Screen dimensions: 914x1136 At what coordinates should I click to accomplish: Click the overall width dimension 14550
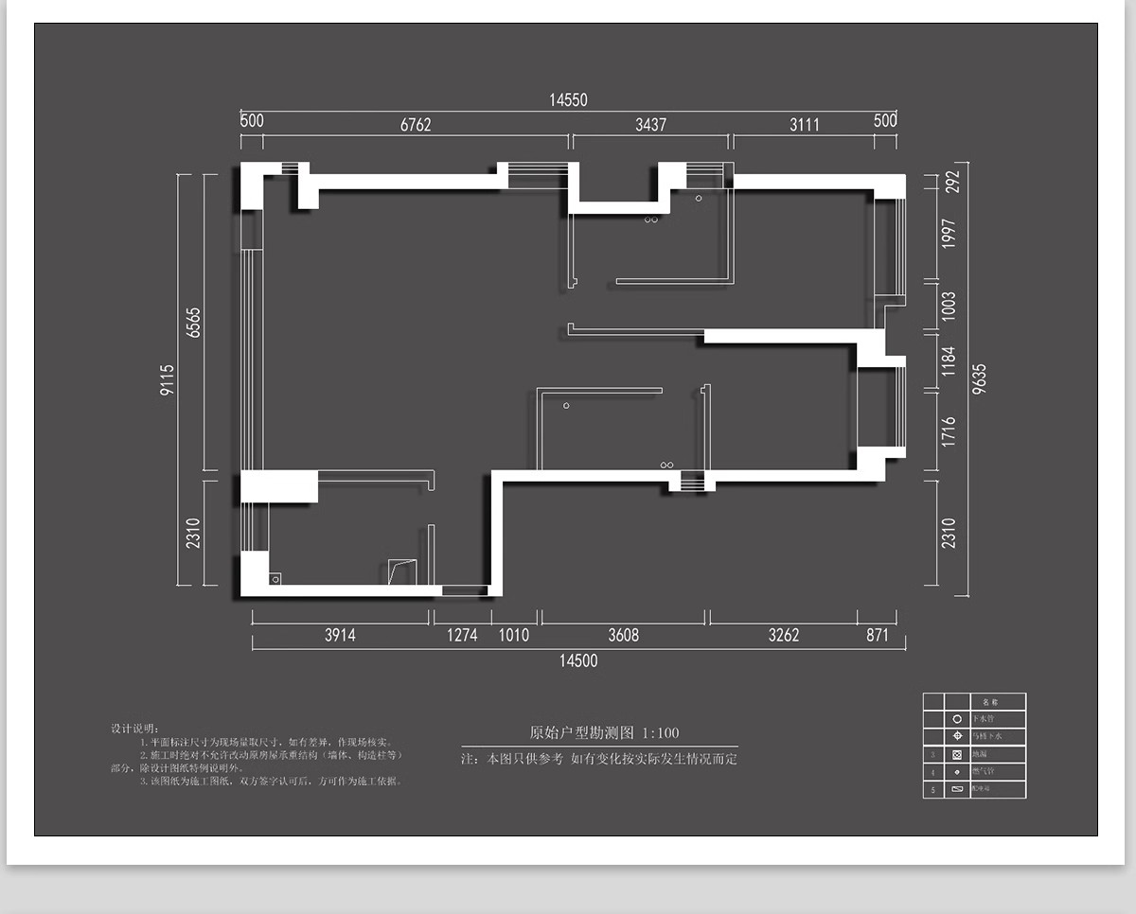pyautogui.click(x=569, y=100)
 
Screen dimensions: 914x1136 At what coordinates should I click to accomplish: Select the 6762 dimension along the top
pyautogui.click(x=416, y=124)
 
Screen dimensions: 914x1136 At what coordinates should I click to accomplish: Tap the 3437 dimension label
pyautogui.click(x=650, y=124)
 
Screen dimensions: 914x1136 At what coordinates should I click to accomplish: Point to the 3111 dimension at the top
pyautogui.click(x=805, y=124)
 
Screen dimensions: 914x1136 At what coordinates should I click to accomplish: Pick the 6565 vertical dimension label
pyautogui.click(x=194, y=323)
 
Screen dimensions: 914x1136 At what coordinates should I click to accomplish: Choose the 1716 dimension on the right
pyautogui.click(x=950, y=431)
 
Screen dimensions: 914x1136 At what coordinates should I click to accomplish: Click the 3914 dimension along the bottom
pyautogui.click(x=340, y=635)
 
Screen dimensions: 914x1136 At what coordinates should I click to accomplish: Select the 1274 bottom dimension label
pyautogui.click(x=462, y=635)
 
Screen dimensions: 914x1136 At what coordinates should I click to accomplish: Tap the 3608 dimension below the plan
pyautogui.click(x=623, y=635)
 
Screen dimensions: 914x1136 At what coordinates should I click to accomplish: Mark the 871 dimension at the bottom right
pyautogui.click(x=878, y=635)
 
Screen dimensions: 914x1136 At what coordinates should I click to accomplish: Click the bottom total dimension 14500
pyautogui.click(x=578, y=660)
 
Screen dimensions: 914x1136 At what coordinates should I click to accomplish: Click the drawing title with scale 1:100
pyautogui.click(x=604, y=733)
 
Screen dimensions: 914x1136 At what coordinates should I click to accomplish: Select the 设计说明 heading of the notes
pyautogui.click(x=136, y=729)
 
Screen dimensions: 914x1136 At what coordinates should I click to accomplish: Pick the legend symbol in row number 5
pyautogui.click(x=957, y=789)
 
